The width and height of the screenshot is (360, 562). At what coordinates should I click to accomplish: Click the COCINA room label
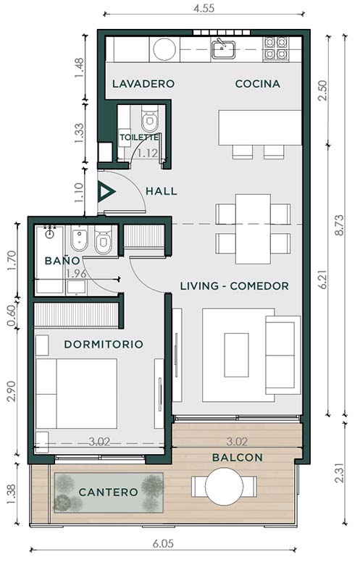coord(257,84)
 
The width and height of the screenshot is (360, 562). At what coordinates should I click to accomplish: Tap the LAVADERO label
coord(143,84)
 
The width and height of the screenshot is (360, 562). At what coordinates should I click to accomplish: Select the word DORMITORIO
coord(104,345)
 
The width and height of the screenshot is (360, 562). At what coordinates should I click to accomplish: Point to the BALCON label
coord(238,458)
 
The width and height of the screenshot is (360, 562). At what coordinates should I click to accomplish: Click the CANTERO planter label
coord(108,492)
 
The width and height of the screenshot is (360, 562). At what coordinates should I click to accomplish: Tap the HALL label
coord(162,191)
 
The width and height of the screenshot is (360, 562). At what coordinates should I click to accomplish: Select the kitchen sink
coord(223,49)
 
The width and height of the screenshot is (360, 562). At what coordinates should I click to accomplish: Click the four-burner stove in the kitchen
coord(276,49)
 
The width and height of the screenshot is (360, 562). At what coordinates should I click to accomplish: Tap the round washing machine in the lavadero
coord(164,49)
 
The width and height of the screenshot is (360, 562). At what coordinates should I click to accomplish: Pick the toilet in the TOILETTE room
coord(149,119)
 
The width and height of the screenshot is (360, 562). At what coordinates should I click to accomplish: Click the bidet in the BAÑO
coord(79,238)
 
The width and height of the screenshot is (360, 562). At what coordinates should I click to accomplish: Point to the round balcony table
coord(224,487)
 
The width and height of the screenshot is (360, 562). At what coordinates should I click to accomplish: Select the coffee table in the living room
coord(237,355)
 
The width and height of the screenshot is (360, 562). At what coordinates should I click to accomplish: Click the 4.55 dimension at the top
coord(204,8)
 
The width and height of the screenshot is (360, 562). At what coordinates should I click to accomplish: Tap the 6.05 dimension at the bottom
coord(163,544)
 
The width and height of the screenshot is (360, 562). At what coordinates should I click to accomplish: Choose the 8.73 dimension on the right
coord(339,225)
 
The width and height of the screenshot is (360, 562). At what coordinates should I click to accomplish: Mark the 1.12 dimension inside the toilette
coord(148,154)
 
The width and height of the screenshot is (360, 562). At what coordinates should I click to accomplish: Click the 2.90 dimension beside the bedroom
coord(12,391)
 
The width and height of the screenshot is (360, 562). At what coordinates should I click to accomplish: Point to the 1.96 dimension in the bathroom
coord(76,274)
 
